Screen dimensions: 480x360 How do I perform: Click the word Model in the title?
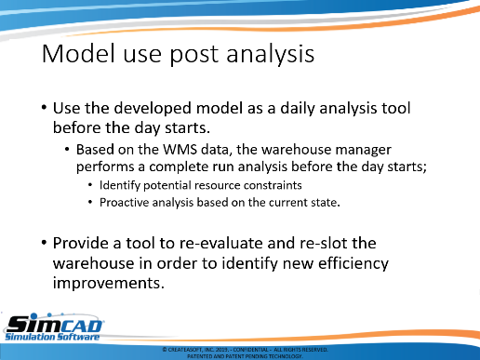coord(78,54)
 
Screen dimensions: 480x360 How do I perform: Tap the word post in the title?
coord(193,56)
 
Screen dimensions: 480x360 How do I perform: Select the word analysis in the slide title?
coord(271,55)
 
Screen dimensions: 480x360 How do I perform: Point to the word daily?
coord(298,109)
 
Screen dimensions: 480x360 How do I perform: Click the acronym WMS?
coord(180,150)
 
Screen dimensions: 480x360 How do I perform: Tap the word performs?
coord(105,167)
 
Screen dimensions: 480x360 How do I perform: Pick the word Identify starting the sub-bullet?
coord(120,186)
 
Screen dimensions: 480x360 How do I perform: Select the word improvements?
coord(108,284)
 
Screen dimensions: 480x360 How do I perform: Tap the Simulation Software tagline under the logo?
coord(52,337)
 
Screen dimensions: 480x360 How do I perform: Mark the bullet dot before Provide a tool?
coord(44,242)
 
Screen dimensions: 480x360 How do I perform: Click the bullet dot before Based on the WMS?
coord(67,150)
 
